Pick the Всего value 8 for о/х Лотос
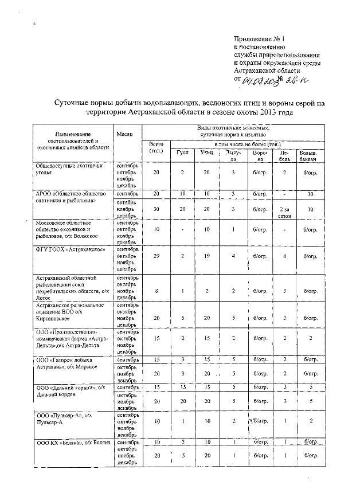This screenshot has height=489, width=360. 156,291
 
